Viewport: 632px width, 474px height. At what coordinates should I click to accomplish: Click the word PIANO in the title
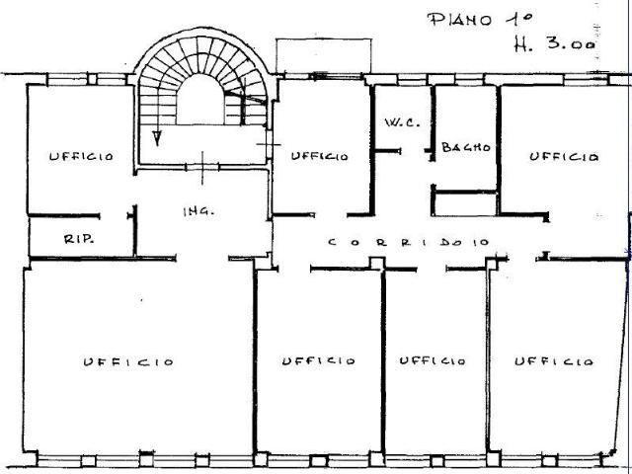point(460,20)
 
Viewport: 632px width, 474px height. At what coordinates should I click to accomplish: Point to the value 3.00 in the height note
point(571,43)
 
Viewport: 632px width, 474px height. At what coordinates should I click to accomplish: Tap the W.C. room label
point(402,122)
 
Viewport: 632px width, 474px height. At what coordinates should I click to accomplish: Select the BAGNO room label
point(466,147)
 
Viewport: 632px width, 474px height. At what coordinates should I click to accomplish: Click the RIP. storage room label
point(79,239)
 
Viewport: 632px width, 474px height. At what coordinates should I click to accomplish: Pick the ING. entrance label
point(198,211)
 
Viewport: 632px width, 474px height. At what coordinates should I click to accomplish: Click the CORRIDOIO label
point(409,242)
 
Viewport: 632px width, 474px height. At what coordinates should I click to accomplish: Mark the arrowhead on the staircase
point(157,138)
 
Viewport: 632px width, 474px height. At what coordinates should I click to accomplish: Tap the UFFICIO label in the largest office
point(128,361)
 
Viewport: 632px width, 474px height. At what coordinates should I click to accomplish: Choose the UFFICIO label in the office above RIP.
point(81,156)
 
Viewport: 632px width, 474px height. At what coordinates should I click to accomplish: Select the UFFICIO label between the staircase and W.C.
point(319,156)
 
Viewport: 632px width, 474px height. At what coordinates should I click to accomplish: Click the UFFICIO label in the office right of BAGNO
point(564,156)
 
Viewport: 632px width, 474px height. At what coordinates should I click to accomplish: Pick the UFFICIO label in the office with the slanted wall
point(554,361)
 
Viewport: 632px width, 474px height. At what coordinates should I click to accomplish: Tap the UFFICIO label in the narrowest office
point(433,360)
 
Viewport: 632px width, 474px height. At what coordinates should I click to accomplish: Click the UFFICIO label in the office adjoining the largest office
point(318,360)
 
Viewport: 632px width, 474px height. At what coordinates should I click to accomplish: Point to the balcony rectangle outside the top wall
point(324,56)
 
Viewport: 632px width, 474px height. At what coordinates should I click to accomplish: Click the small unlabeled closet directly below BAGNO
point(466,204)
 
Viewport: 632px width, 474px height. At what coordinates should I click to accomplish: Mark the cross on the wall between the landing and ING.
point(202,168)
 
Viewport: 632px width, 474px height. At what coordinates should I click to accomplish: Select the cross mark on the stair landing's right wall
point(269,144)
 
